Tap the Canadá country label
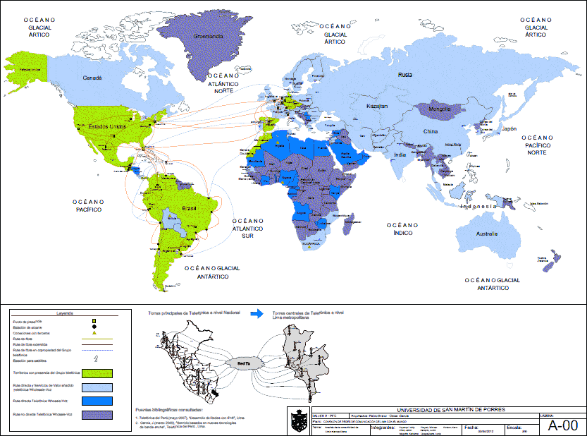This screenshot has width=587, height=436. (94, 78)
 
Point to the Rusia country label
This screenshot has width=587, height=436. (404, 75)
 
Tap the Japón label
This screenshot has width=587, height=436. (510, 130)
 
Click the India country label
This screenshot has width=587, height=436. (400, 155)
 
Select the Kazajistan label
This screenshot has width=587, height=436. (377, 106)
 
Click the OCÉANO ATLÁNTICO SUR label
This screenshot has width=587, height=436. (247, 228)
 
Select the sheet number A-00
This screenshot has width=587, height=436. (562, 425)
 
